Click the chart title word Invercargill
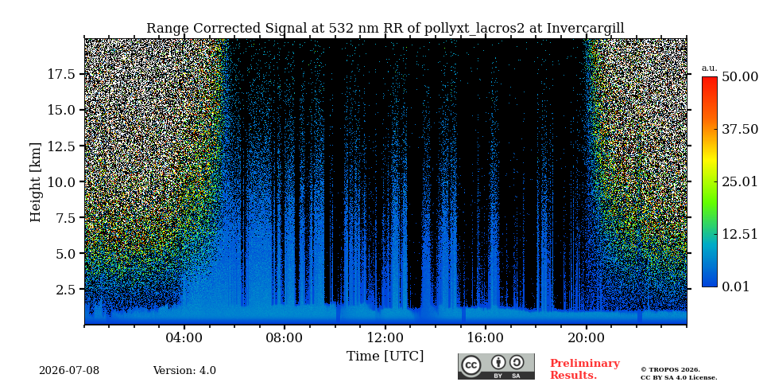pyautogui.click(x=586, y=29)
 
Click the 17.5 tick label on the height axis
pyautogui.click(x=61, y=74)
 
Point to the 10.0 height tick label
pyautogui.click(x=61, y=181)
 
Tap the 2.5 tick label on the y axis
pyautogui.click(x=66, y=290)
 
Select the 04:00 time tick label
pyautogui.click(x=184, y=337)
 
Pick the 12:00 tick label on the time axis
pyautogui.click(x=385, y=337)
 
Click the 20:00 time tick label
pyautogui.click(x=587, y=337)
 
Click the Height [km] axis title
pyautogui.click(x=36, y=182)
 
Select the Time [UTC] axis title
pyautogui.click(x=385, y=356)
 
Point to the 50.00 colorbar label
pyautogui.click(x=740, y=77)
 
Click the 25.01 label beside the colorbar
pyautogui.click(x=740, y=182)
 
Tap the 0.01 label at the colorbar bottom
pyautogui.click(x=735, y=286)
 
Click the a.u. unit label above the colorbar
pyautogui.click(x=708, y=68)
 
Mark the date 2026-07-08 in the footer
pyautogui.click(x=69, y=371)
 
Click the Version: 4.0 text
pyautogui.click(x=184, y=371)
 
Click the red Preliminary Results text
pyautogui.click(x=585, y=369)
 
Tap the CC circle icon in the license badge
pyautogui.click(x=471, y=365)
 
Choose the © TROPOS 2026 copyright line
pyautogui.click(x=670, y=370)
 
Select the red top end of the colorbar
pyautogui.click(x=710, y=79)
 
